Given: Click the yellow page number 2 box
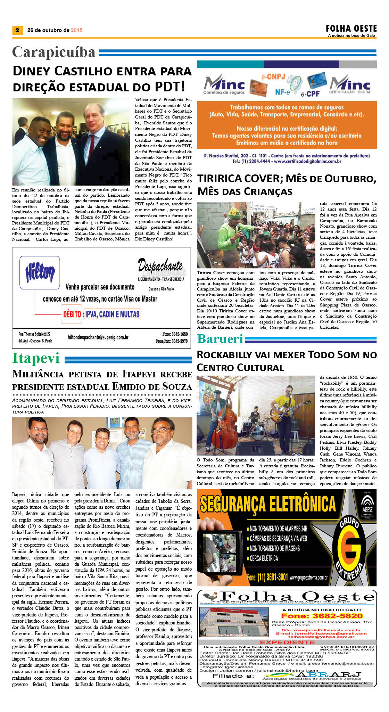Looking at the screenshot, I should pyautogui.click(x=17, y=30).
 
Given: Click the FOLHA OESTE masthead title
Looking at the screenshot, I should pyautogui.click(x=351, y=28).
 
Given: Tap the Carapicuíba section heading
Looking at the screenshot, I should pyautogui.click(x=54, y=52).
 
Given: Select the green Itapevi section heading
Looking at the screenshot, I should pyautogui.click(x=36, y=358).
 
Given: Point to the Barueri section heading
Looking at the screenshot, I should pyautogui.click(x=220, y=339).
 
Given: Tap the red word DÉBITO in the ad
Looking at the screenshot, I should pyautogui.click(x=72, y=314).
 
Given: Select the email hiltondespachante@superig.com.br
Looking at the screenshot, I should pyautogui.click(x=98, y=337).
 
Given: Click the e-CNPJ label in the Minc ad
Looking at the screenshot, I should pyautogui.click(x=273, y=77).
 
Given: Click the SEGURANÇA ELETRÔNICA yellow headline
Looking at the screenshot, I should pyautogui.click(x=268, y=504).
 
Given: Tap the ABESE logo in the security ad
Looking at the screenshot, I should pyautogui.click(x=367, y=504).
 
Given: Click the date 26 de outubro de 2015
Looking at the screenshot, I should pyautogui.click(x=55, y=30).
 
